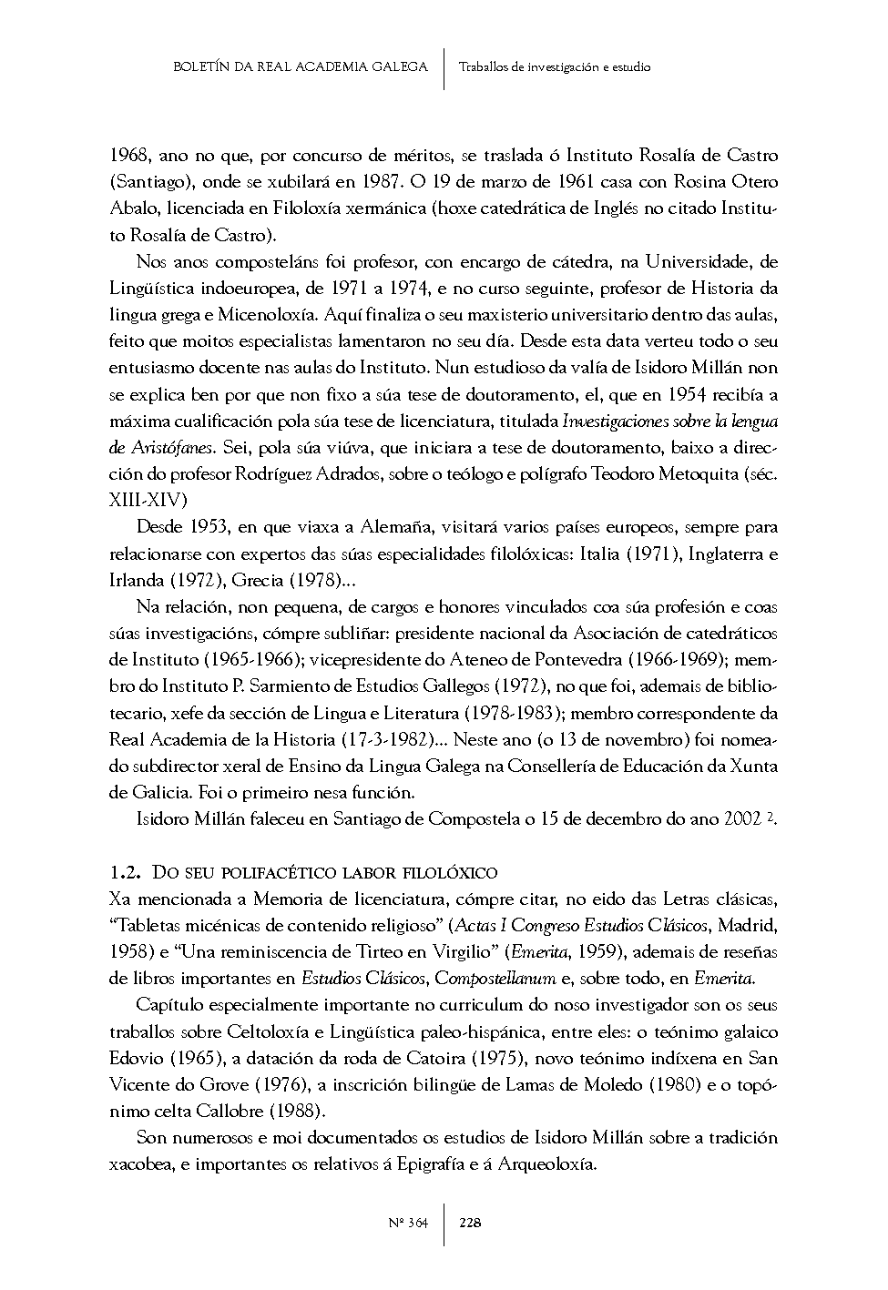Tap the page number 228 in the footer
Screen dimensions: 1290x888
coord(470,1223)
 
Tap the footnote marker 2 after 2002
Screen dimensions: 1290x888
coord(769,817)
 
